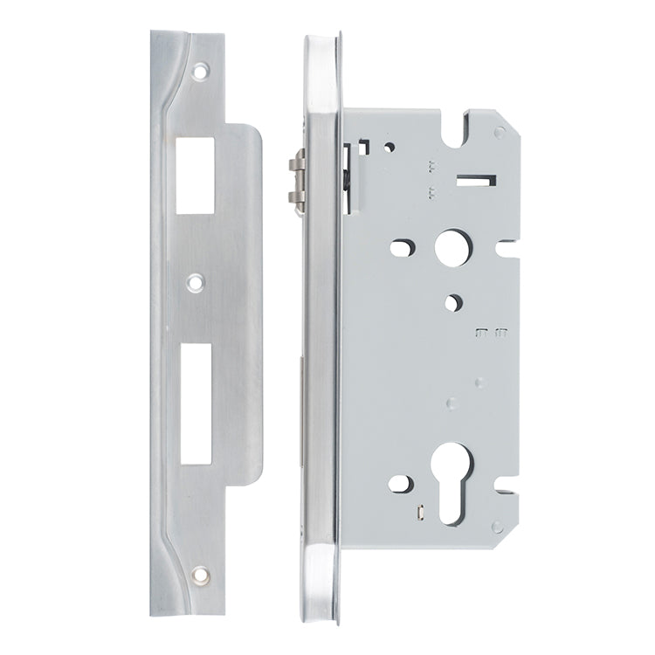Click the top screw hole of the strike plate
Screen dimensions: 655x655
pyautogui.click(x=202, y=67)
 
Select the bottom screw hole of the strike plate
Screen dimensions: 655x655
pyautogui.click(x=202, y=575)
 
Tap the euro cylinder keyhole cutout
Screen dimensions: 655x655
pyautogui.click(x=454, y=479)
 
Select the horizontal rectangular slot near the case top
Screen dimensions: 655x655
pyautogui.click(x=474, y=182)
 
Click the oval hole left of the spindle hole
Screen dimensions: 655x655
pyautogui.click(x=400, y=248)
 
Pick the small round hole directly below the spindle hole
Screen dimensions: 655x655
pyautogui.click(x=452, y=302)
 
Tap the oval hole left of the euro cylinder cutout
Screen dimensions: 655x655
pyautogui.click(x=400, y=482)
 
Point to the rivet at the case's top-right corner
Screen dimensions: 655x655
pyautogui.click(x=499, y=132)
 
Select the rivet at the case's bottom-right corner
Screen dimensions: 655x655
pyautogui.click(x=497, y=527)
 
